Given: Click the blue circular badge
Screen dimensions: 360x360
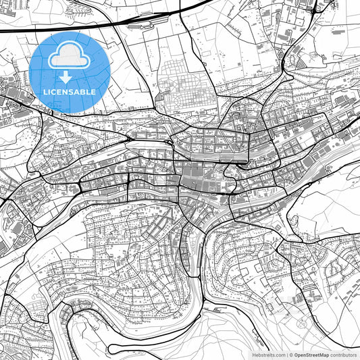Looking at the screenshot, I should (70, 72).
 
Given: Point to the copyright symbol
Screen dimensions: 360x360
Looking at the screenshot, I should (290, 354).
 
